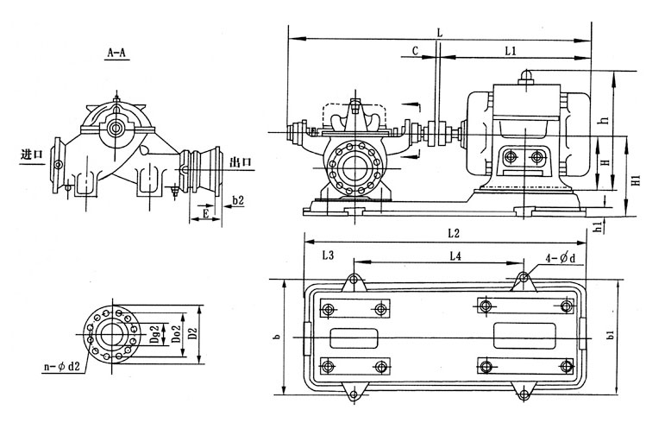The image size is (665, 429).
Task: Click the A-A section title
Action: tap(116, 54)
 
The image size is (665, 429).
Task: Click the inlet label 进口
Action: tap(31, 155)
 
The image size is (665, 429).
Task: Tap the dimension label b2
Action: tap(238, 200)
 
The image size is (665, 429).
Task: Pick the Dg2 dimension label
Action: tap(156, 330)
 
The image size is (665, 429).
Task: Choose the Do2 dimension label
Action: tap(176, 330)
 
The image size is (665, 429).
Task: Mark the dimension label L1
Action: tap(511, 51)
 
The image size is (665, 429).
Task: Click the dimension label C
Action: tap(416, 51)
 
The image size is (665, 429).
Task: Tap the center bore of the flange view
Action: tap(110, 332)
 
